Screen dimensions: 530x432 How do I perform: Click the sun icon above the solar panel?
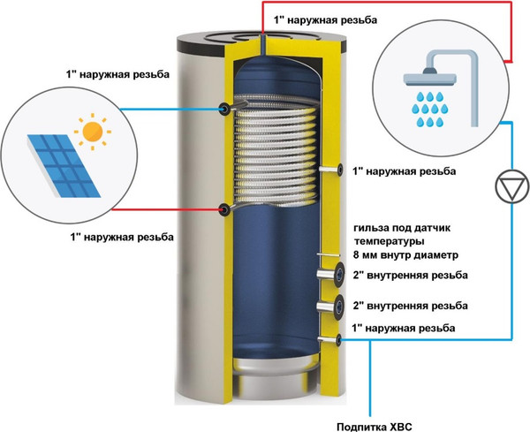click(92, 132)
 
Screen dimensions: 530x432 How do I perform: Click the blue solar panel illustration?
click(64, 165)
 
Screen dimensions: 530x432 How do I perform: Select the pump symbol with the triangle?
click(511, 187)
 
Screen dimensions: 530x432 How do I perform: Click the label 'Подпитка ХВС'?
click(375, 426)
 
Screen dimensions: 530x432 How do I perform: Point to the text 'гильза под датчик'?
click(402, 228)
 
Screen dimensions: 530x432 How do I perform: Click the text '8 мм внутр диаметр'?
click(406, 254)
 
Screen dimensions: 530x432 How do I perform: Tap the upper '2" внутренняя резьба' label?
click(411, 275)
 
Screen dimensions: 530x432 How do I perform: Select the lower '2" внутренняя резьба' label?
click(411, 306)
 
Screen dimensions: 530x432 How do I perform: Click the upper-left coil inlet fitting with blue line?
click(224, 109)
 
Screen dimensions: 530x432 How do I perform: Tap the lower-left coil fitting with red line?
click(224, 210)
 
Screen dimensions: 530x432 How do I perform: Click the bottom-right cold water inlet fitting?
click(330, 340)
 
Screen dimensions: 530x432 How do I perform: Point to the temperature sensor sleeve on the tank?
click(327, 255)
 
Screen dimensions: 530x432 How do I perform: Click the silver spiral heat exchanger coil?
click(276, 151)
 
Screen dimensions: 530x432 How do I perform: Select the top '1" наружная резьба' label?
click(325, 20)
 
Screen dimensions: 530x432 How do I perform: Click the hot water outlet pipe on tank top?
click(263, 43)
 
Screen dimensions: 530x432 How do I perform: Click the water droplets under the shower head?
click(430, 109)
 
